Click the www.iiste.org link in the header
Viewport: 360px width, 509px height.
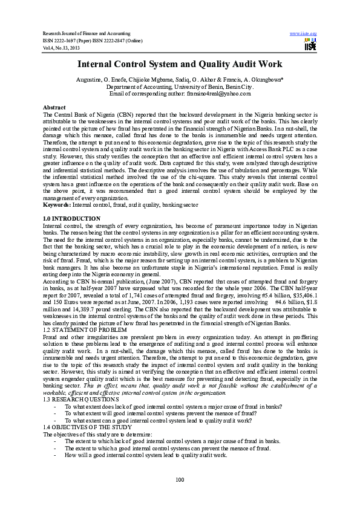click(304, 33)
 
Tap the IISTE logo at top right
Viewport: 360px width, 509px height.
click(311, 44)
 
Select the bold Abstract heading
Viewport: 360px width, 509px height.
click(56, 107)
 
